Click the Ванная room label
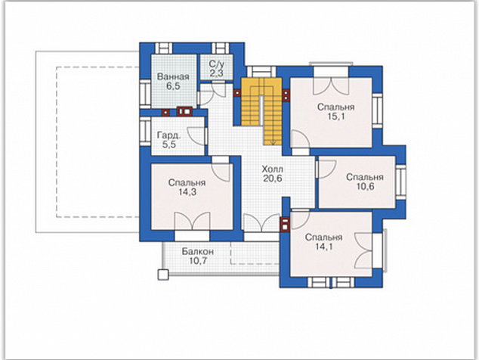(x=173, y=76)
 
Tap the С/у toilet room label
(x=217, y=64)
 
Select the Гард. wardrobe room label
(x=169, y=135)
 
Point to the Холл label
(x=273, y=169)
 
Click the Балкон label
(x=198, y=252)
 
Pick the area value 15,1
(x=335, y=116)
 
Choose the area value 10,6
(x=365, y=186)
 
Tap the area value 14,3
(x=187, y=192)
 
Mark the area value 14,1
(x=323, y=247)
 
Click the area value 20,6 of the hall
(x=273, y=178)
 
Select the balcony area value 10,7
(x=198, y=261)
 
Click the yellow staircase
(x=262, y=110)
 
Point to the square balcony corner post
(x=163, y=275)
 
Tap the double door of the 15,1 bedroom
(x=331, y=85)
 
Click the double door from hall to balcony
(x=261, y=222)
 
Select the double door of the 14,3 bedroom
(x=192, y=221)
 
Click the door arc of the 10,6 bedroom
(x=327, y=168)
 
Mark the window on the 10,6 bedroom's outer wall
(x=400, y=182)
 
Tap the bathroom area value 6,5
(x=173, y=86)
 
